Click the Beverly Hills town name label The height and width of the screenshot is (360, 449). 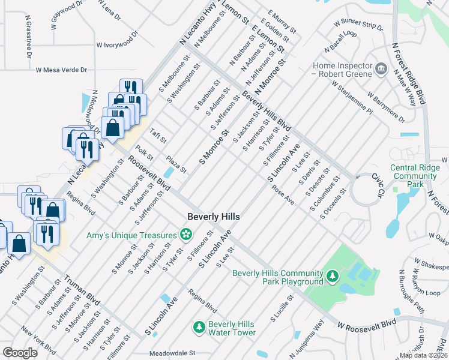click(214, 217)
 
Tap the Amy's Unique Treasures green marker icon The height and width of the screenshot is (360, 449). click(187, 233)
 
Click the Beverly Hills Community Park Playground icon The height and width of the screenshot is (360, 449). click(331, 277)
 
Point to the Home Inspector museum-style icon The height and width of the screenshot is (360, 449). click(381, 69)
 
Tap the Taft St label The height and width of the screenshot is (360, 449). click(158, 136)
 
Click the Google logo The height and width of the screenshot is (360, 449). click(20, 353)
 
